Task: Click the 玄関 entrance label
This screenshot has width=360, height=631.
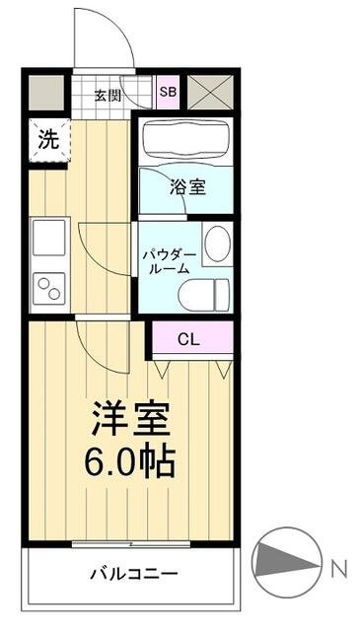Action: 108,95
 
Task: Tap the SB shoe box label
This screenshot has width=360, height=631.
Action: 168,93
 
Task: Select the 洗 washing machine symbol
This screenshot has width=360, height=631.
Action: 47,139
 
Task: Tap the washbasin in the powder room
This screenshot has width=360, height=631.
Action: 216,243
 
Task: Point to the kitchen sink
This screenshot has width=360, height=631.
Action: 47,238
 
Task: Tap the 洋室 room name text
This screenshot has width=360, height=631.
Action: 131,420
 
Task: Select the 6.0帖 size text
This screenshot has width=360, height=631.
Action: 131,460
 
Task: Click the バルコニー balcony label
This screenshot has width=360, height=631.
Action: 131,573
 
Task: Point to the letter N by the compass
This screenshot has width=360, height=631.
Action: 337,568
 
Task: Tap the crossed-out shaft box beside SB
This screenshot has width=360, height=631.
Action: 209,93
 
